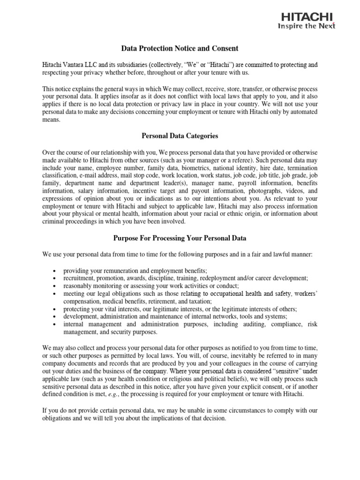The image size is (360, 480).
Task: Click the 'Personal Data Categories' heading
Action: point(180,136)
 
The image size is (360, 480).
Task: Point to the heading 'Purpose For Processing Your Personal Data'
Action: point(180,238)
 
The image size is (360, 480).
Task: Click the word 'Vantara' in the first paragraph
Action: point(76,65)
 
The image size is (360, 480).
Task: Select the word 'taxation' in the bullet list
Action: point(199,301)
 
